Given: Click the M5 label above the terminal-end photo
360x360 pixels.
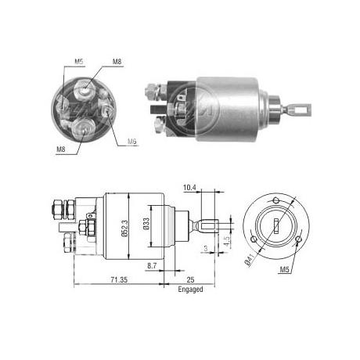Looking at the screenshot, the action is (x=79, y=62).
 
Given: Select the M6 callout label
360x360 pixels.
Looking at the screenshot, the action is (x=132, y=142).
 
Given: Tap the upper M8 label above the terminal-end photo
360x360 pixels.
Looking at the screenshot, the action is (x=117, y=62).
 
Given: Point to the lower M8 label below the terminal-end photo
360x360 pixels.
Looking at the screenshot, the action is (x=61, y=149).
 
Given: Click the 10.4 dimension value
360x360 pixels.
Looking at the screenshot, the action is (x=189, y=188).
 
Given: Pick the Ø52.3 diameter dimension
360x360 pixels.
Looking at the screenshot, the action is (x=124, y=229).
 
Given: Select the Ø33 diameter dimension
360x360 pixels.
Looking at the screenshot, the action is (x=146, y=224).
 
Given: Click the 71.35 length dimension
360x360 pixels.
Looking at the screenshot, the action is (x=119, y=280).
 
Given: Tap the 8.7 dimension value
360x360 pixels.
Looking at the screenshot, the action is (x=152, y=266).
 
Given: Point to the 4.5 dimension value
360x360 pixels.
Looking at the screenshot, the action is (x=227, y=241).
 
